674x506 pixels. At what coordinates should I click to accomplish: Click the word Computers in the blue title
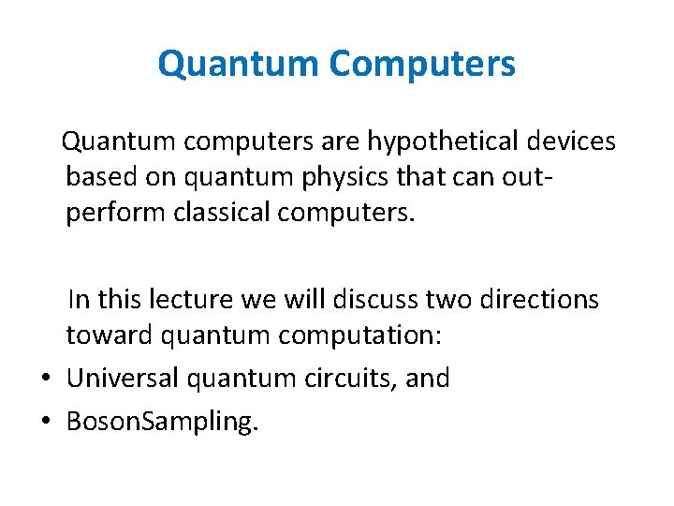pos(421,65)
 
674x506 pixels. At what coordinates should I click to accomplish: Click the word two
pos(449,300)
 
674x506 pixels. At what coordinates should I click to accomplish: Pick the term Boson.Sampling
pos(161,422)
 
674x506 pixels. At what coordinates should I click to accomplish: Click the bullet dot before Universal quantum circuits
pos(46,379)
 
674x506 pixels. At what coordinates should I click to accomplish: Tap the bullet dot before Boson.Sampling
pos(46,422)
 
